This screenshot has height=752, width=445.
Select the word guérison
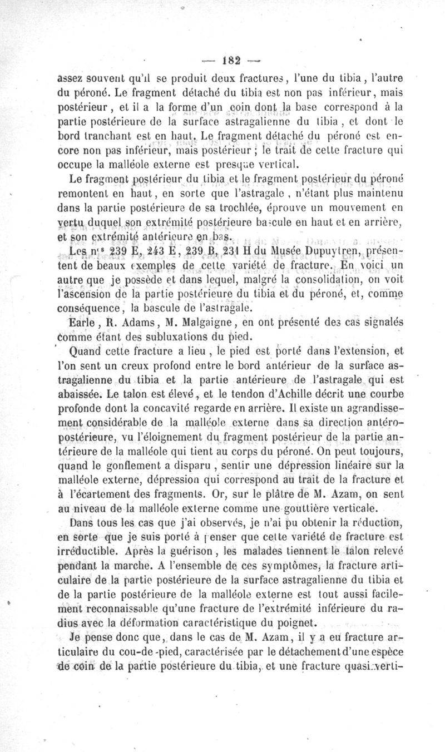click(177, 551)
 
